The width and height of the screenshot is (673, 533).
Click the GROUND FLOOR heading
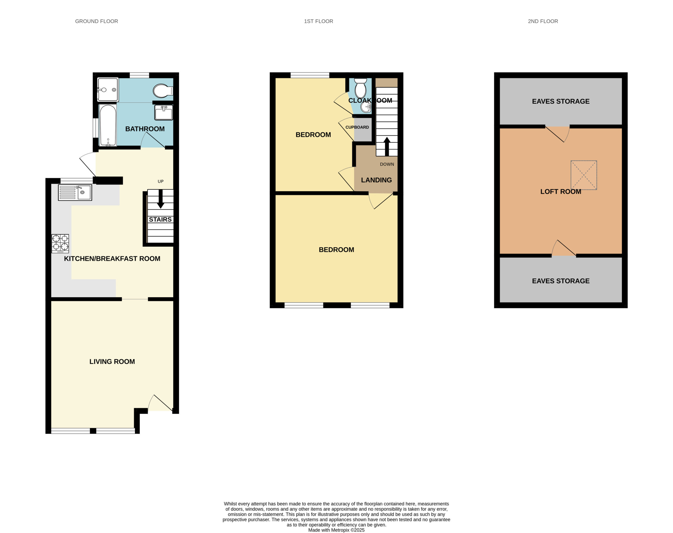pyautogui.click(x=96, y=21)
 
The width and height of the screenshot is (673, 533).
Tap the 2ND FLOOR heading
pyautogui.click(x=543, y=21)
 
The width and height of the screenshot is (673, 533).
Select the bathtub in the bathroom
pyautogui.click(x=108, y=125)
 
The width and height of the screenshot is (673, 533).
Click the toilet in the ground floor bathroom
pyautogui.click(x=163, y=91)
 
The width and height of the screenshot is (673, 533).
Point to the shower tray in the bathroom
pyautogui.click(x=108, y=89)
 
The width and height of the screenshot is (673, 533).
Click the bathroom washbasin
pyautogui.click(x=164, y=112)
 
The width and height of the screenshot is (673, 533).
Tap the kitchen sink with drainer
pyautogui.click(x=75, y=192)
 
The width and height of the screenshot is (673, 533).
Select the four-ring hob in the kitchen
pyautogui.click(x=60, y=243)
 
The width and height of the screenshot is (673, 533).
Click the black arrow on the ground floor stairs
pyautogui.click(x=161, y=199)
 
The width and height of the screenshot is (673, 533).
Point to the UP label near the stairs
pyautogui.click(x=161, y=181)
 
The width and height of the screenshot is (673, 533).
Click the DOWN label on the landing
pyautogui.click(x=387, y=164)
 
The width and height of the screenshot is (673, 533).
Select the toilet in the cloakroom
pyautogui.click(x=360, y=88)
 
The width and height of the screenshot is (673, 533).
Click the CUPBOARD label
pyautogui.click(x=357, y=127)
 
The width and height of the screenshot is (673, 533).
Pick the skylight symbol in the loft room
pyautogui.click(x=584, y=175)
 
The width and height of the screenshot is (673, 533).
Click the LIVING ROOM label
pyautogui.click(x=112, y=361)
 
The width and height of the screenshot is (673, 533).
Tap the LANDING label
pyautogui.click(x=376, y=180)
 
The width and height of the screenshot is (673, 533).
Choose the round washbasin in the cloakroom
pyautogui.click(x=366, y=107)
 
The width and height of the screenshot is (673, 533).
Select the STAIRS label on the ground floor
pyautogui.click(x=160, y=219)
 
